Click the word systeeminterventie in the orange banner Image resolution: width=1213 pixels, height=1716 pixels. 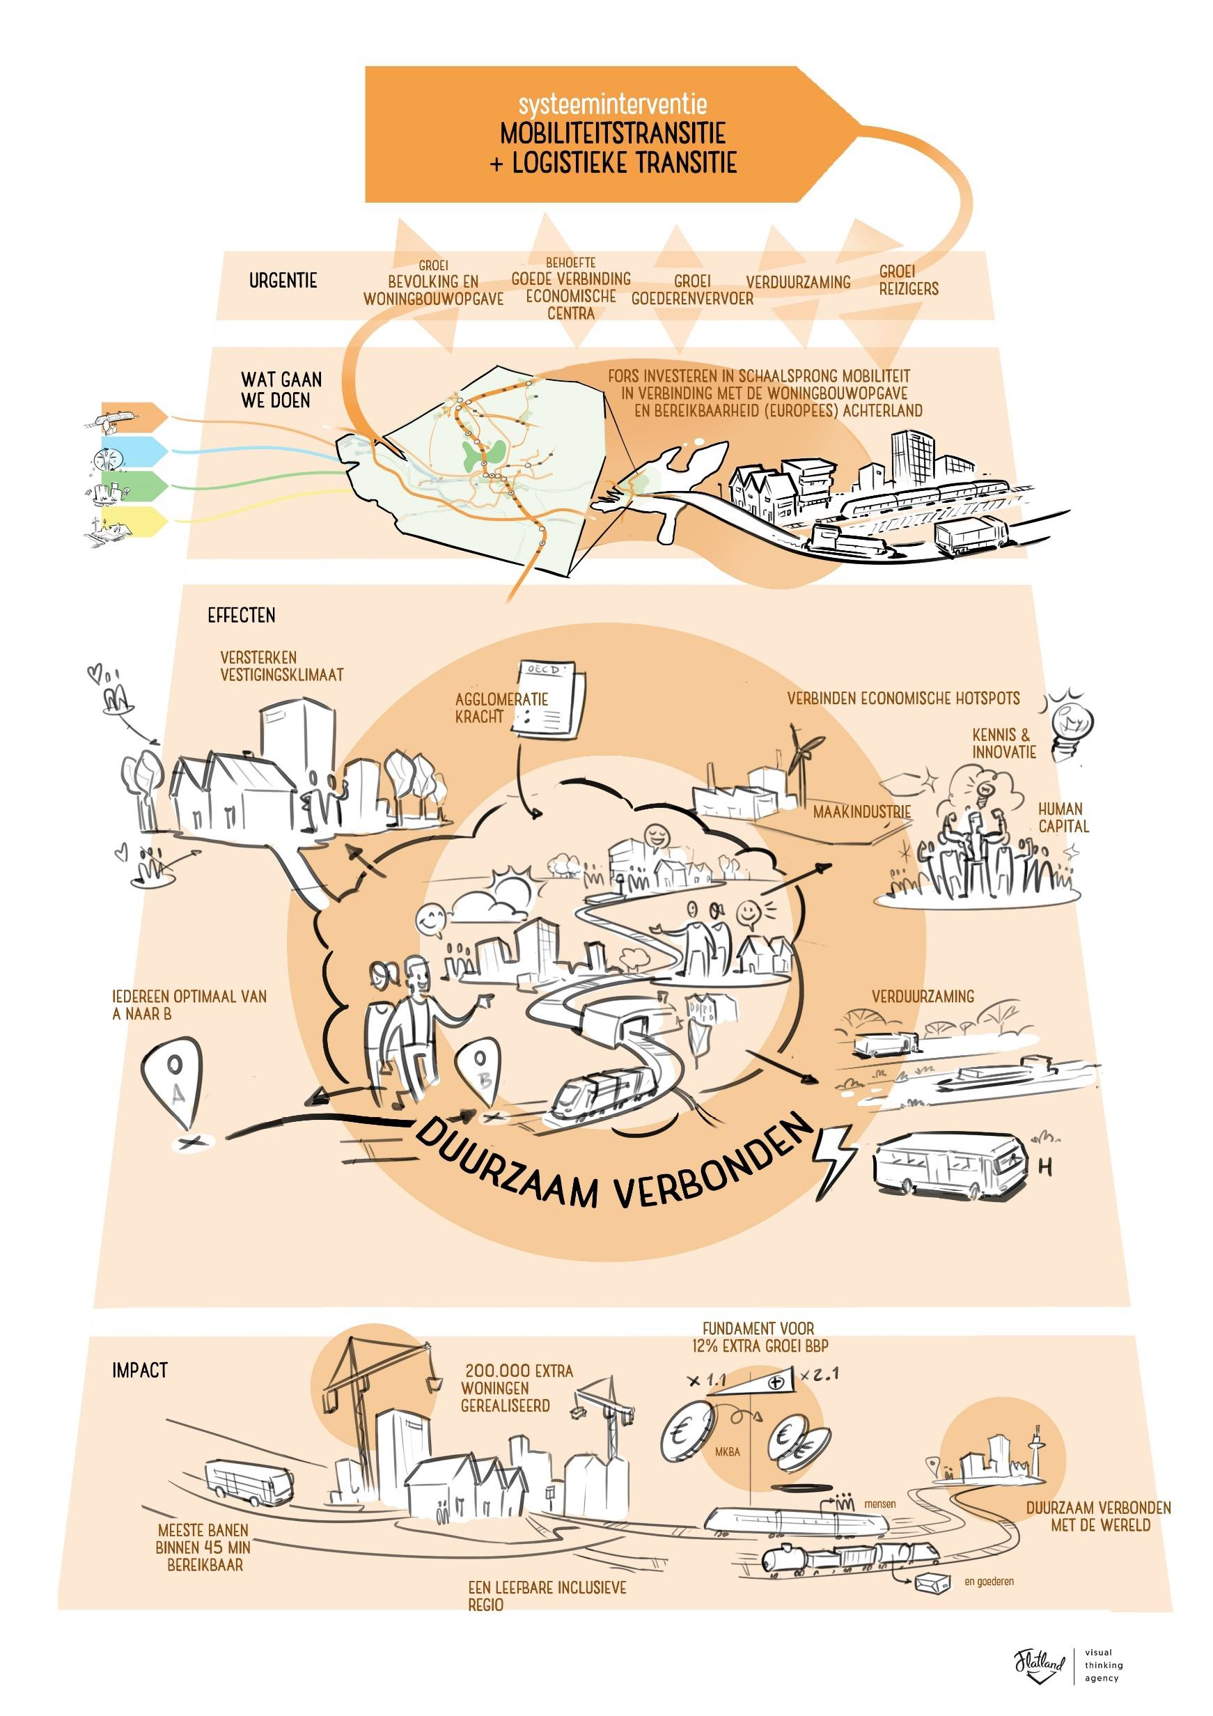(x=612, y=104)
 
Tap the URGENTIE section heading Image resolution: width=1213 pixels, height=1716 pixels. (x=283, y=281)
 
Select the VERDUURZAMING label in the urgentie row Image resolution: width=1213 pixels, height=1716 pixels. (x=798, y=283)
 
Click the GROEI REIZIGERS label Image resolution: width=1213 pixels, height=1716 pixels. (x=908, y=280)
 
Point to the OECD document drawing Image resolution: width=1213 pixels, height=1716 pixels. (x=550, y=699)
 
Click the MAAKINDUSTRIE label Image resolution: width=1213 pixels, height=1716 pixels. (x=862, y=811)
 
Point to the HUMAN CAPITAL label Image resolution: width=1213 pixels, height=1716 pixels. (x=1063, y=818)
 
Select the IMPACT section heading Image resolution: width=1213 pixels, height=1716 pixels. (x=140, y=1371)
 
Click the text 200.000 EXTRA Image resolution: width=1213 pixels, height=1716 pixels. (x=519, y=1371)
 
